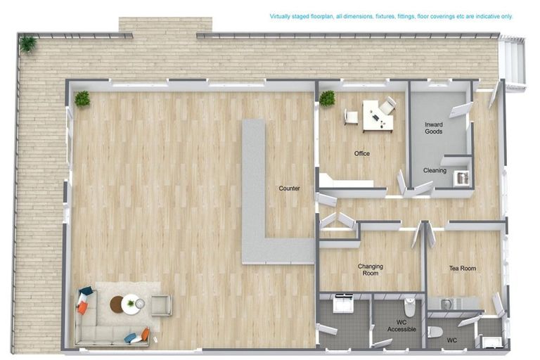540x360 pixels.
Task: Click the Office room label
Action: pyautogui.click(x=362, y=154)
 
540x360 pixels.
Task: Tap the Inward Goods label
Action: pyautogui.click(x=434, y=128)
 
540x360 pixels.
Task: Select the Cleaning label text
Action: pyautogui.click(x=435, y=170)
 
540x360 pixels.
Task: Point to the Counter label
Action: pyautogui.click(x=289, y=188)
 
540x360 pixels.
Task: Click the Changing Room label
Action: pyautogui.click(x=371, y=269)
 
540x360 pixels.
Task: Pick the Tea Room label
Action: pyautogui.click(x=463, y=268)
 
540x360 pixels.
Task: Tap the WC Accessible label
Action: pyautogui.click(x=401, y=326)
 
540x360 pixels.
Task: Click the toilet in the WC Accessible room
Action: pyautogui.click(x=409, y=307)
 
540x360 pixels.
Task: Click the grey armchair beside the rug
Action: pyautogui.click(x=162, y=305)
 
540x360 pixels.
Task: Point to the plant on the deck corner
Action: pyautogui.click(x=27, y=44)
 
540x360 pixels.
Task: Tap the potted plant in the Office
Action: pyautogui.click(x=327, y=98)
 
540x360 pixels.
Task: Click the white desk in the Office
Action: pyautogui.click(x=378, y=117)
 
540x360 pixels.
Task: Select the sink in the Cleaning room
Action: pyautogui.click(x=461, y=178)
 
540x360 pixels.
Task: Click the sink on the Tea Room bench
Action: pyautogui.click(x=446, y=304)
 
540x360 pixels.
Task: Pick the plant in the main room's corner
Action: pyautogui.click(x=82, y=99)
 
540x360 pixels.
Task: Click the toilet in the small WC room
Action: pyautogui.click(x=435, y=332)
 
